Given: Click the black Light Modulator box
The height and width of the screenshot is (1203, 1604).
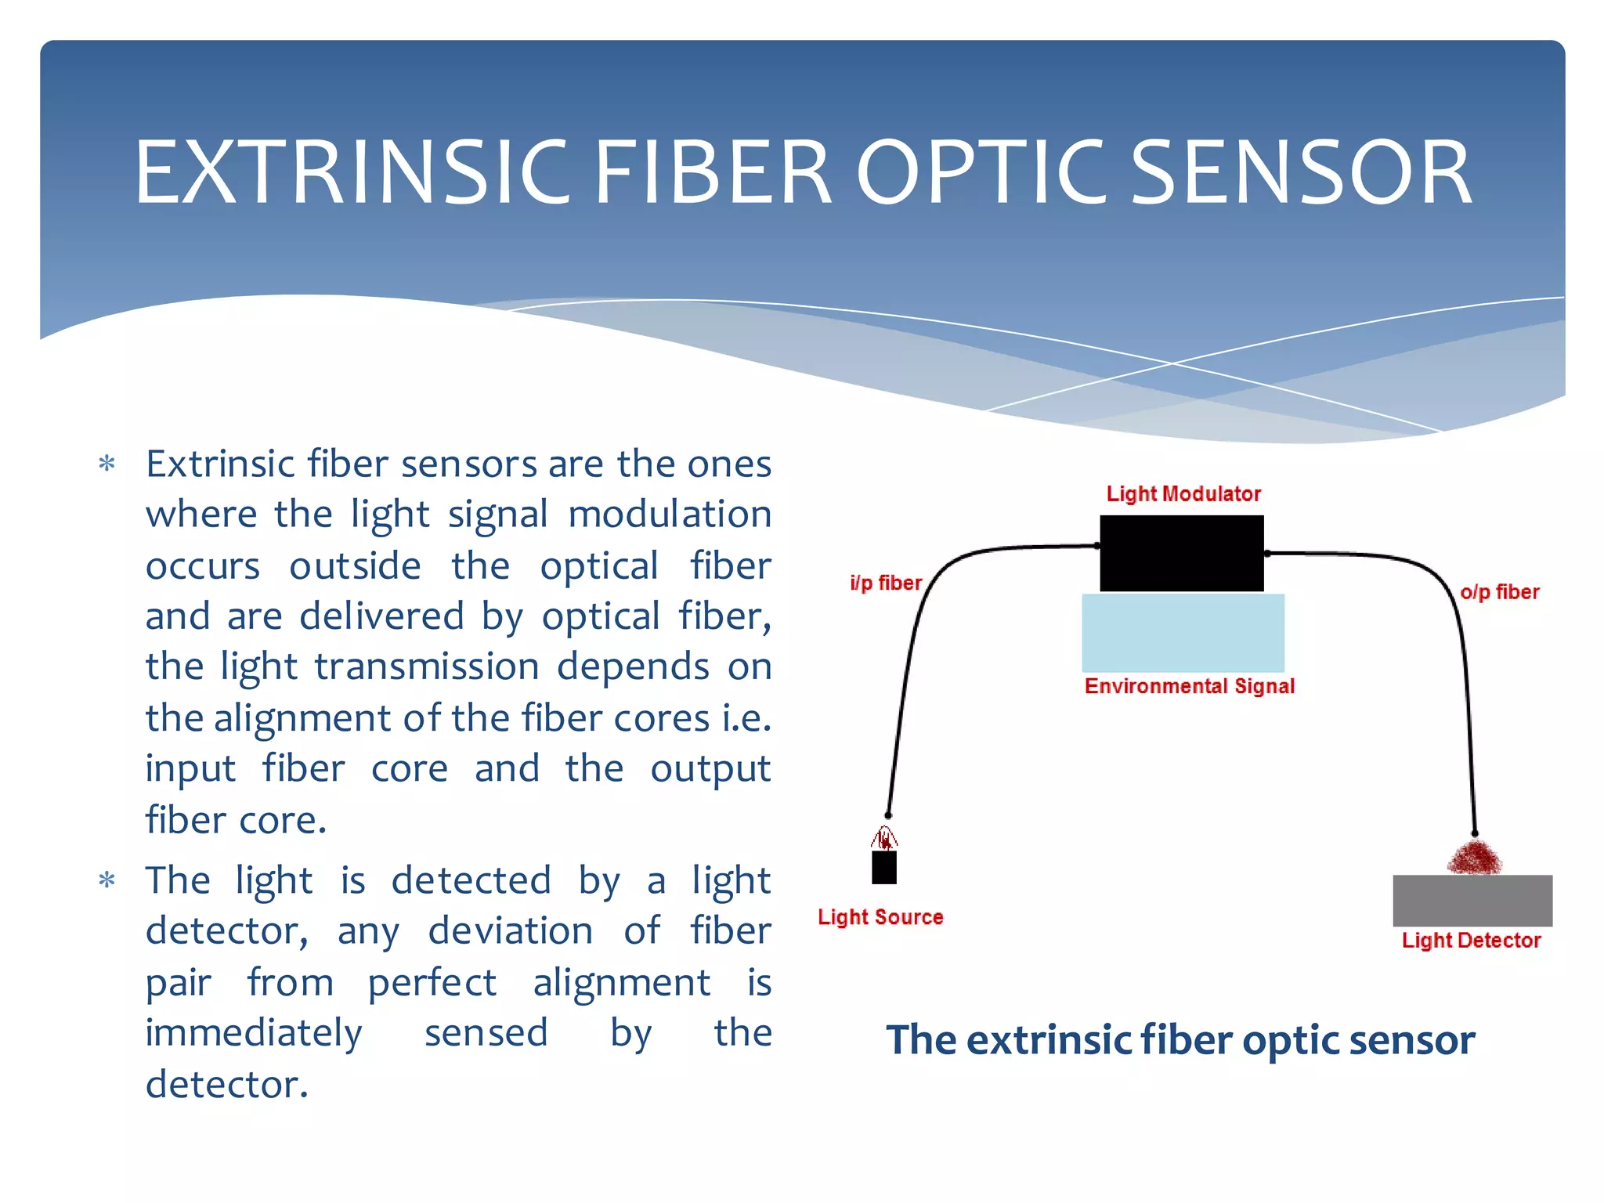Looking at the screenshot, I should pyautogui.click(x=1181, y=553).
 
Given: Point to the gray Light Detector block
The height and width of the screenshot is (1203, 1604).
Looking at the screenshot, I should pyautogui.click(x=1472, y=901).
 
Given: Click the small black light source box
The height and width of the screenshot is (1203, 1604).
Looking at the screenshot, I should pyautogui.click(x=884, y=868).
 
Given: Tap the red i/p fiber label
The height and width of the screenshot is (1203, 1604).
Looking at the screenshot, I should pyautogui.click(x=886, y=583).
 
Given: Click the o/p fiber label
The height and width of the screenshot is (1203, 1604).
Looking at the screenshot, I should pyautogui.click(x=1499, y=592).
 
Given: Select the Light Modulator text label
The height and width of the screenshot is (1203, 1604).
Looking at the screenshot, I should pyautogui.click(x=1183, y=493).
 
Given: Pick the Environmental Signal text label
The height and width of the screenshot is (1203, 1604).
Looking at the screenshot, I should pyautogui.click(x=1189, y=686).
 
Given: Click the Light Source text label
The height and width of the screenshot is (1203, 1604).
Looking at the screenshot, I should pyautogui.click(x=880, y=917).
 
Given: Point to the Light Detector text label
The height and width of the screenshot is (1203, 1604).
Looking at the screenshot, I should pyautogui.click(x=1471, y=941).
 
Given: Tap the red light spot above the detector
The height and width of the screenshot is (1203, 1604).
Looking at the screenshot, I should pyautogui.click(x=1474, y=858).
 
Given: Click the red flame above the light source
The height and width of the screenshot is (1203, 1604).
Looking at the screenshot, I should pyautogui.click(x=884, y=839).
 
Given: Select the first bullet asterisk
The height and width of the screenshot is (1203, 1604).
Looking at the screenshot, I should pyautogui.click(x=107, y=464).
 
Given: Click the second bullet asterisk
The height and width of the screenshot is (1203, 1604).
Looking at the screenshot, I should pyautogui.click(x=107, y=881).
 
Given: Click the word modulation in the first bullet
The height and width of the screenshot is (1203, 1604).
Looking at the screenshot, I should pyautogui.click(x=670, y=515).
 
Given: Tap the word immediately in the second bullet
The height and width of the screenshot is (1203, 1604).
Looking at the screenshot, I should pyautogui.click(x=254, y=1032).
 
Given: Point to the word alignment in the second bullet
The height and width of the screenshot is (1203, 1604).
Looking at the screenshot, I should pyautogui.click(x=621, y=982).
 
